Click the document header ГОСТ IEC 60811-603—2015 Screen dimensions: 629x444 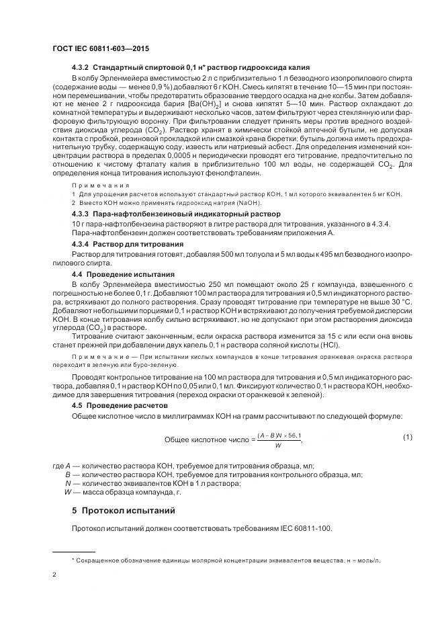coord(100,49)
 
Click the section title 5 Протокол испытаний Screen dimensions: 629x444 coord(123,510)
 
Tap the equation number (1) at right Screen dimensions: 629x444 coord(407,437)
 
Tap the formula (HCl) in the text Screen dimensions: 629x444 coord(328,345)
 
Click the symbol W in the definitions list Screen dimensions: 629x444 coord(67,491)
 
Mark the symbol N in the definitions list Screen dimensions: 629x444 coord(68,483)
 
